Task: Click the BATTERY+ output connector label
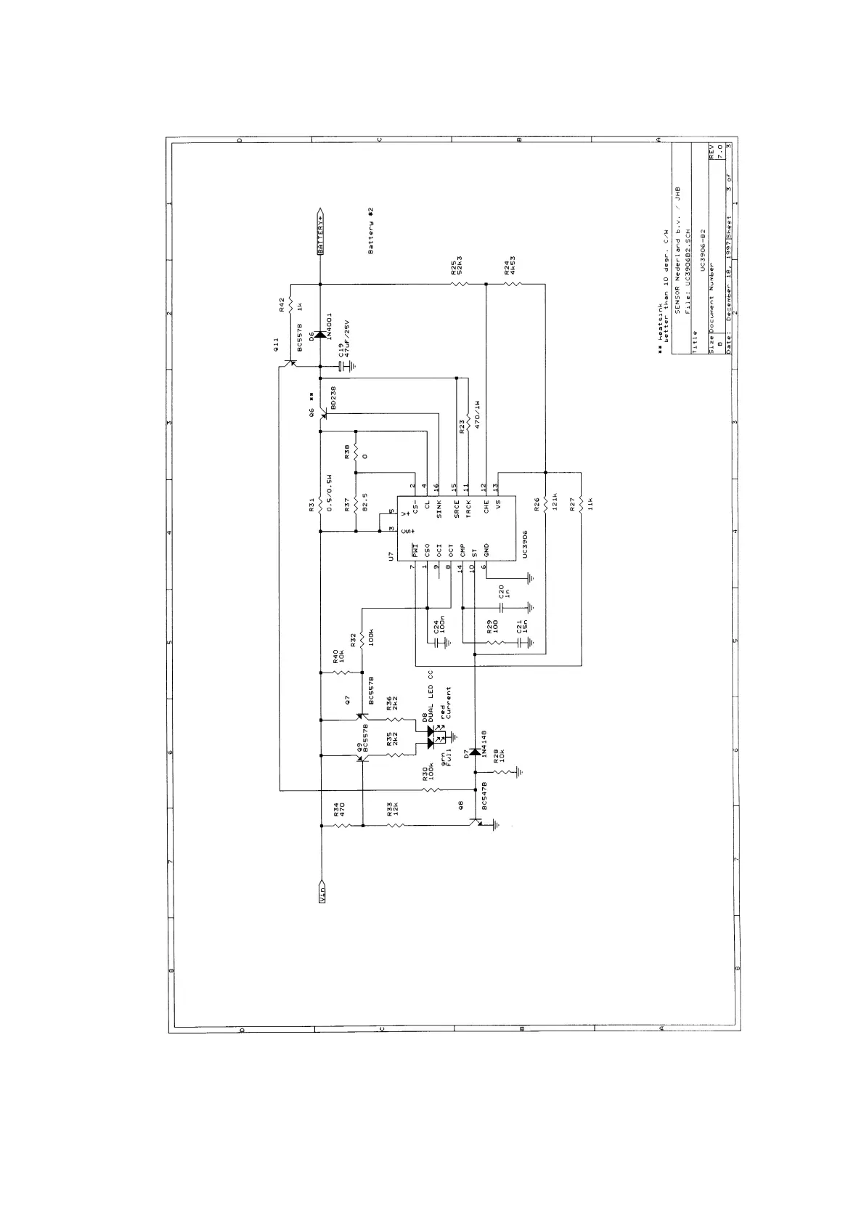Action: click(321, 232)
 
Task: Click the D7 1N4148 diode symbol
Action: click(474, 751)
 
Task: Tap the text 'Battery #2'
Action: click(371, 231)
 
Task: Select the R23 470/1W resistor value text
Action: click(478, 414)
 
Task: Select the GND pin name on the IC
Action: click(486, 551)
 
